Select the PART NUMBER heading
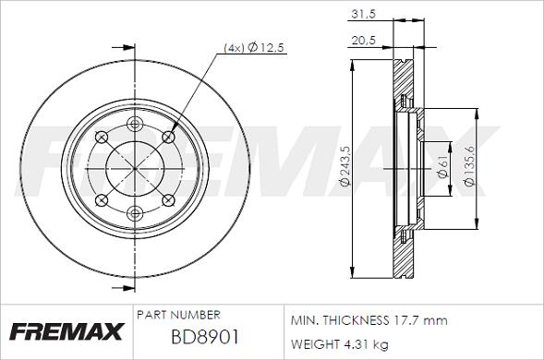click(x=177, y=315)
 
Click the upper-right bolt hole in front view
click(x=168, y=137)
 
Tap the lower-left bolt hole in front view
click(x=103, y=201)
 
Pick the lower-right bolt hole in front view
click(x=168, y=201)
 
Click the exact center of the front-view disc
click(x=136, y=169)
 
